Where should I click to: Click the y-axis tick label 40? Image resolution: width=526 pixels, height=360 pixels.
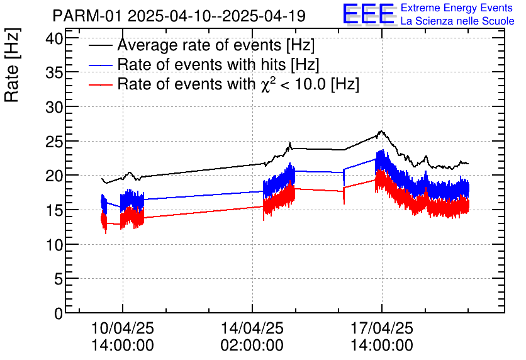[55, 39]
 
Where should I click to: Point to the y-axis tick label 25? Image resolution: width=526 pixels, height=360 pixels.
[55, 142]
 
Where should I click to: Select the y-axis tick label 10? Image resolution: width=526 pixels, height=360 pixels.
[55, 244]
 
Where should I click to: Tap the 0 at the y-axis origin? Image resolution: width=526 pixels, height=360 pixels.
[59, 313]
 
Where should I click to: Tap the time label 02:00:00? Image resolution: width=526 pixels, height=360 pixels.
[252, 346]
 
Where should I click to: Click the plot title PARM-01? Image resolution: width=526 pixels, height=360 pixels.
[87, 16]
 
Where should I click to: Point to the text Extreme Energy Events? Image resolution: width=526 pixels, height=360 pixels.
[457, 8]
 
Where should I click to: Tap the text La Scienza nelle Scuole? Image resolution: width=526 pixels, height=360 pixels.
[457, 21]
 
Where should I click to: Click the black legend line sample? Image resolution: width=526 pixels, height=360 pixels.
[101, 46]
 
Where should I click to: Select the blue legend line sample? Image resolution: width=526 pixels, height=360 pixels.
[101, 65]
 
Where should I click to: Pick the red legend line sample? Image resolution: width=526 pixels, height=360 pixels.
[101, 84]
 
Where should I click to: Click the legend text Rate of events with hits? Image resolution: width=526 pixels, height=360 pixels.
[218, 65]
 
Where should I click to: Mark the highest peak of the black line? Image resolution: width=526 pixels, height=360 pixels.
[381, 131]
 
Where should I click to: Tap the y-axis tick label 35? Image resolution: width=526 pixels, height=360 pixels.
[55, 73]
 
